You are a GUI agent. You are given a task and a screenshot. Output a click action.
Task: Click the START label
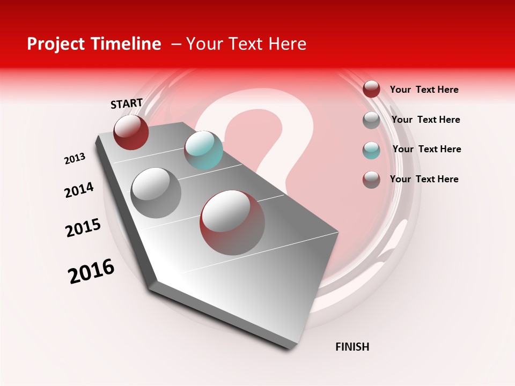coord(127,103)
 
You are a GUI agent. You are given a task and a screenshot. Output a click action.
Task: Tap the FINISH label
coord(352,347)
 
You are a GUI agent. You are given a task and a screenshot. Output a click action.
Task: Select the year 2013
coord(75,159)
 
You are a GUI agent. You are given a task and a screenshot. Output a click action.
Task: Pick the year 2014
coord(79,190)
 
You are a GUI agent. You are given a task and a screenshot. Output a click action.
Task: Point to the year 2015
coord(83,228)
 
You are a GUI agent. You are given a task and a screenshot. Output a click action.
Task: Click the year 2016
coord(91,271)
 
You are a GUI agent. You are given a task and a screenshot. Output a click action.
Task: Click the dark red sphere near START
coord(131,132)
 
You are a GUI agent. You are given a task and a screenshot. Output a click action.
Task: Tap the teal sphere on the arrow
coord(203,150)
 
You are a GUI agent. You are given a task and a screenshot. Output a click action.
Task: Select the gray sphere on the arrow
coord(156,193)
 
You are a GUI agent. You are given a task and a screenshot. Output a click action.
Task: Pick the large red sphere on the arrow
coord(232,222)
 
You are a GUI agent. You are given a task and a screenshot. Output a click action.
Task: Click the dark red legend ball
coord(371,89)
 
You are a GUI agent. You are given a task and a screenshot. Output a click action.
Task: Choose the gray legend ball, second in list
coord(371,120)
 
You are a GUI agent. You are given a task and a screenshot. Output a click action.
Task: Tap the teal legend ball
coord(371,150)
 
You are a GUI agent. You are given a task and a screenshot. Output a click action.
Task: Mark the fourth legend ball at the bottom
coord(371,180)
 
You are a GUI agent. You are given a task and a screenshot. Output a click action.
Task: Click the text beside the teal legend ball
coord(426,149)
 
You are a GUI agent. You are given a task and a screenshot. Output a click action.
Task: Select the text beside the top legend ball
coord(424,90)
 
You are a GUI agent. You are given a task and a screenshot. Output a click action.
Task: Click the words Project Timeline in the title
coord(94,44)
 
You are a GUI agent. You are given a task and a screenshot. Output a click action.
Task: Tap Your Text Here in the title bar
coord(246,44)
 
